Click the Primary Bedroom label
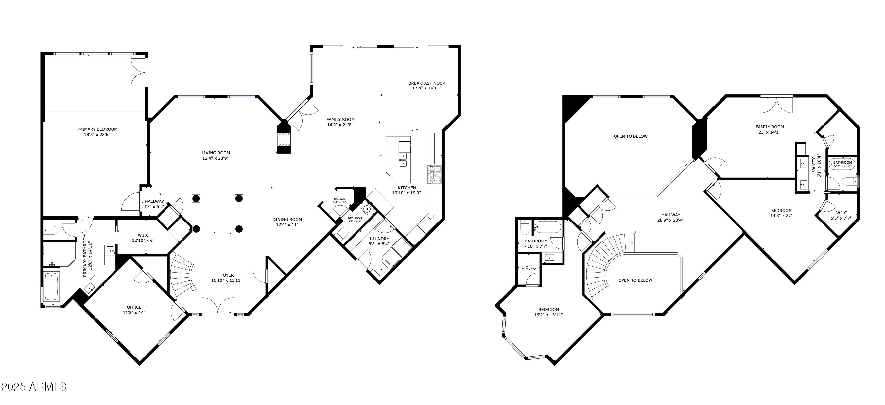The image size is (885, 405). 97,129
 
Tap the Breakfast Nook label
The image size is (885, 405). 427,83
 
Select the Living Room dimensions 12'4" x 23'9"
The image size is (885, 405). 216,158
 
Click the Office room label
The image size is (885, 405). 134,307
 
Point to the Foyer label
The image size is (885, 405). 227,275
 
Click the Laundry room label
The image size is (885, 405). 379,239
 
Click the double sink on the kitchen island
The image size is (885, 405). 403,160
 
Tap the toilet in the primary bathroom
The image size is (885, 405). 52,229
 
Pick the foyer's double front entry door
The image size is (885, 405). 218,306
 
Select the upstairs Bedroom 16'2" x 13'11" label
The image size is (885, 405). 548,309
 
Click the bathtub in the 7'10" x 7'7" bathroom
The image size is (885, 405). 547,227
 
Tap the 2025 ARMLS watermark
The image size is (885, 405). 34,386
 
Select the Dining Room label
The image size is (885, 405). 287,219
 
